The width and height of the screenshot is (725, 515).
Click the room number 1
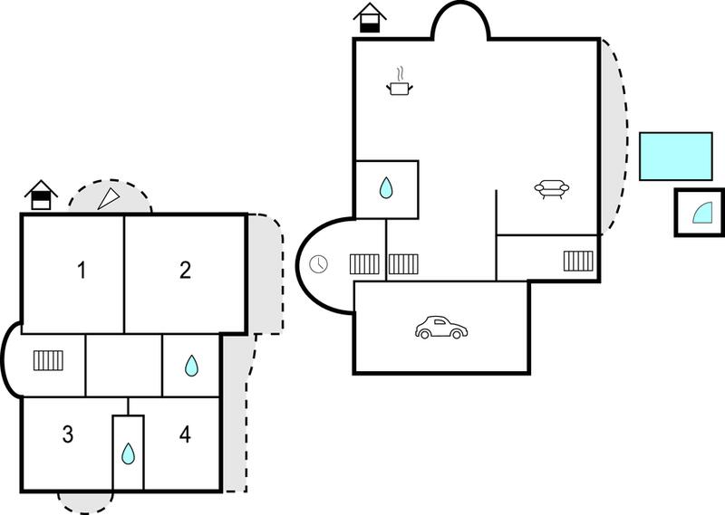tap(82, 271)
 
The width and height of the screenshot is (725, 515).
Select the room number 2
tap(185, 271)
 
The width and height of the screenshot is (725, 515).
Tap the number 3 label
tap(68, 434)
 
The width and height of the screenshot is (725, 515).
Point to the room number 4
tap(185, 434)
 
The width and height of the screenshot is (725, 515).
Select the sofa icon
tap(552, 189)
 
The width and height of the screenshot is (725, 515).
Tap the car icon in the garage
tap(441, 328)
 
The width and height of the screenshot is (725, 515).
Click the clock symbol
tap(319, 264)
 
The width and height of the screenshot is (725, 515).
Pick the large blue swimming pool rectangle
tap(675, 156)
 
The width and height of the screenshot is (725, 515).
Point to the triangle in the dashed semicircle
tap(108, 199)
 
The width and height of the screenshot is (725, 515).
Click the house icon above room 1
tap(41, 195)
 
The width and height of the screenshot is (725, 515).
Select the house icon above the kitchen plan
tap(370, 17)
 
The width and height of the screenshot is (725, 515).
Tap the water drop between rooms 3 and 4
tap(128, 453)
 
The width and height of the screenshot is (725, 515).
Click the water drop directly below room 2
tap(191, 366)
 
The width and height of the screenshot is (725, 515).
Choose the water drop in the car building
tap(386, 188)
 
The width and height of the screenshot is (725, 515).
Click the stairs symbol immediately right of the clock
tap(364, 264)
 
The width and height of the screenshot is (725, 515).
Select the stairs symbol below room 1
tap(49, 360)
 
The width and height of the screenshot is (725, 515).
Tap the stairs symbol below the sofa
tap(578, 261)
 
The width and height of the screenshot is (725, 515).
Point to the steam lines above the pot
tap(401, 74)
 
